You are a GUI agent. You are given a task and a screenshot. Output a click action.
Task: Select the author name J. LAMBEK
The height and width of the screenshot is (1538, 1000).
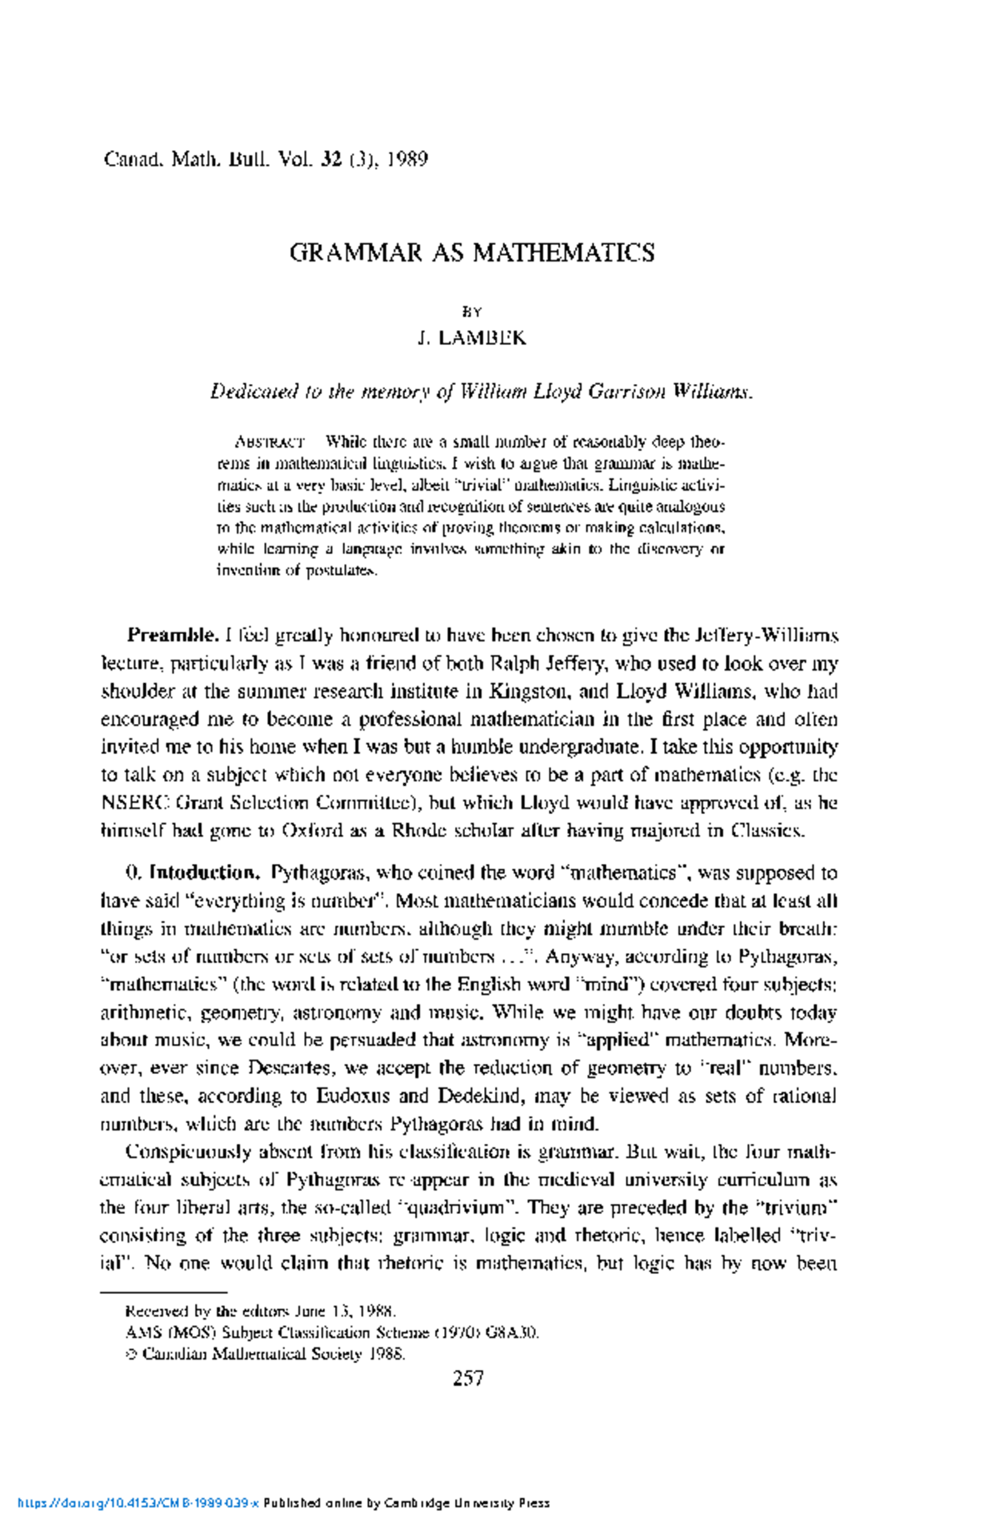pos(472,338)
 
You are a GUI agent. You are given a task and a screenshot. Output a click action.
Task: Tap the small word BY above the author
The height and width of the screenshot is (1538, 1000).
pos(472,312)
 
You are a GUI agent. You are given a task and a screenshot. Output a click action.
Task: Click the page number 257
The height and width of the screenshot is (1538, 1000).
pos(468,1378)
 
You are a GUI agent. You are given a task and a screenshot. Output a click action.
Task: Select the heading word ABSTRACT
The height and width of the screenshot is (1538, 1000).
pos(269,442)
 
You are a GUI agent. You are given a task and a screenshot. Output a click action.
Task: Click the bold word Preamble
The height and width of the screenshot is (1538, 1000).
pos(173,636)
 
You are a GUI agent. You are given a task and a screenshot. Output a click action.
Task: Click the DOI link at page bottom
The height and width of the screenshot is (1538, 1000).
pos(138,1503)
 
